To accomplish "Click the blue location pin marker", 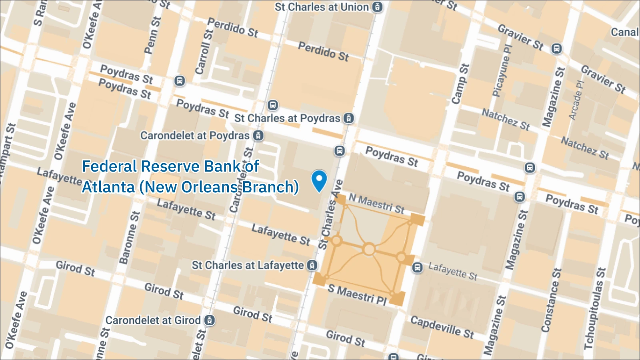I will [319, 180].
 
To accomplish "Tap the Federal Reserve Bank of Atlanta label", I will [190, 176].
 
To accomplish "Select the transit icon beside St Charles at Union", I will [377, 7].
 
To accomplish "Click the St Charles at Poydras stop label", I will [287, 118].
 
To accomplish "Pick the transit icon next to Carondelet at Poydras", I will [259, 136].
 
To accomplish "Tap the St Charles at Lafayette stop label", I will [248, 265].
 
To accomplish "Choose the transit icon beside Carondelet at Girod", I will [209, 320].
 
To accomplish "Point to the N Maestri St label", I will [376, 203].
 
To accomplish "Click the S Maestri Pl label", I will [357, 294].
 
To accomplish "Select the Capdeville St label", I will [442, 327].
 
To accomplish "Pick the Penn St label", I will [152, 35].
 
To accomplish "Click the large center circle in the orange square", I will [369, 250].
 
